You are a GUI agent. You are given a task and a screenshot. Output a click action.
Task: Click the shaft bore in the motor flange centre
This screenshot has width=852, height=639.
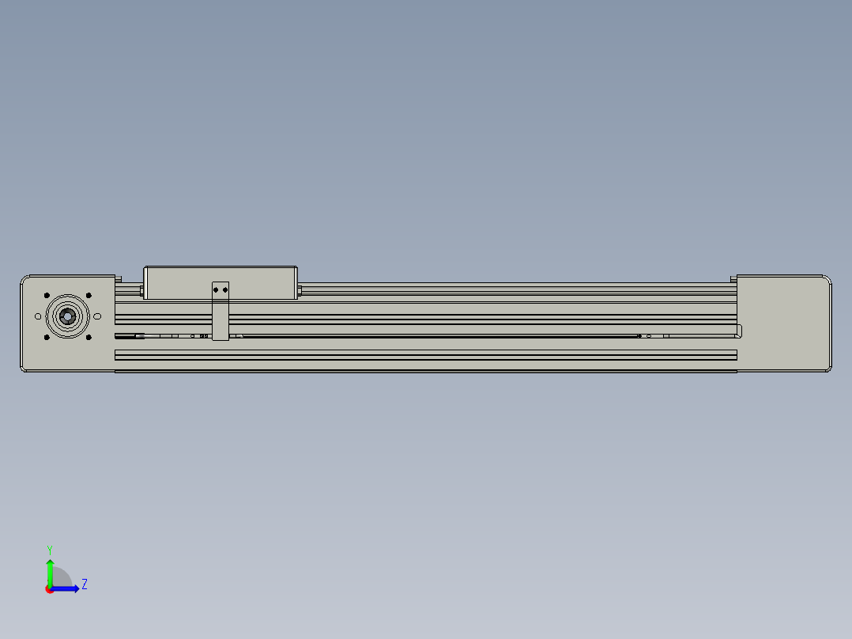[67, 316]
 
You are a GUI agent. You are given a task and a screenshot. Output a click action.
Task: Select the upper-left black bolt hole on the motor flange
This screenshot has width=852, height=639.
[47, 296]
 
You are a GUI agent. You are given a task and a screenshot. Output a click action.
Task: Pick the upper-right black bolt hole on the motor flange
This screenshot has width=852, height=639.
[89, 296]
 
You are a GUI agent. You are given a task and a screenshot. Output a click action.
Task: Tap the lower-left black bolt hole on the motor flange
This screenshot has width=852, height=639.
[47, 337]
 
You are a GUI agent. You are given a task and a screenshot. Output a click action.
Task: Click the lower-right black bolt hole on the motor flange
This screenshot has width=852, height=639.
[89, 337]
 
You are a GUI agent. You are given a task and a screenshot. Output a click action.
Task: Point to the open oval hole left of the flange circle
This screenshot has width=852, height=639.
[38, 316]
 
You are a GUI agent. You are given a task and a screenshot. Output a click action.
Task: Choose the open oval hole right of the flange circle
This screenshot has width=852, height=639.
[97, 316]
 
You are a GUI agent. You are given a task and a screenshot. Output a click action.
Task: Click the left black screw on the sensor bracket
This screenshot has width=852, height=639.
[217, 290]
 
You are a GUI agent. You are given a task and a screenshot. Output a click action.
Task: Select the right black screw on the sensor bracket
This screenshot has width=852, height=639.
[225, 290]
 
